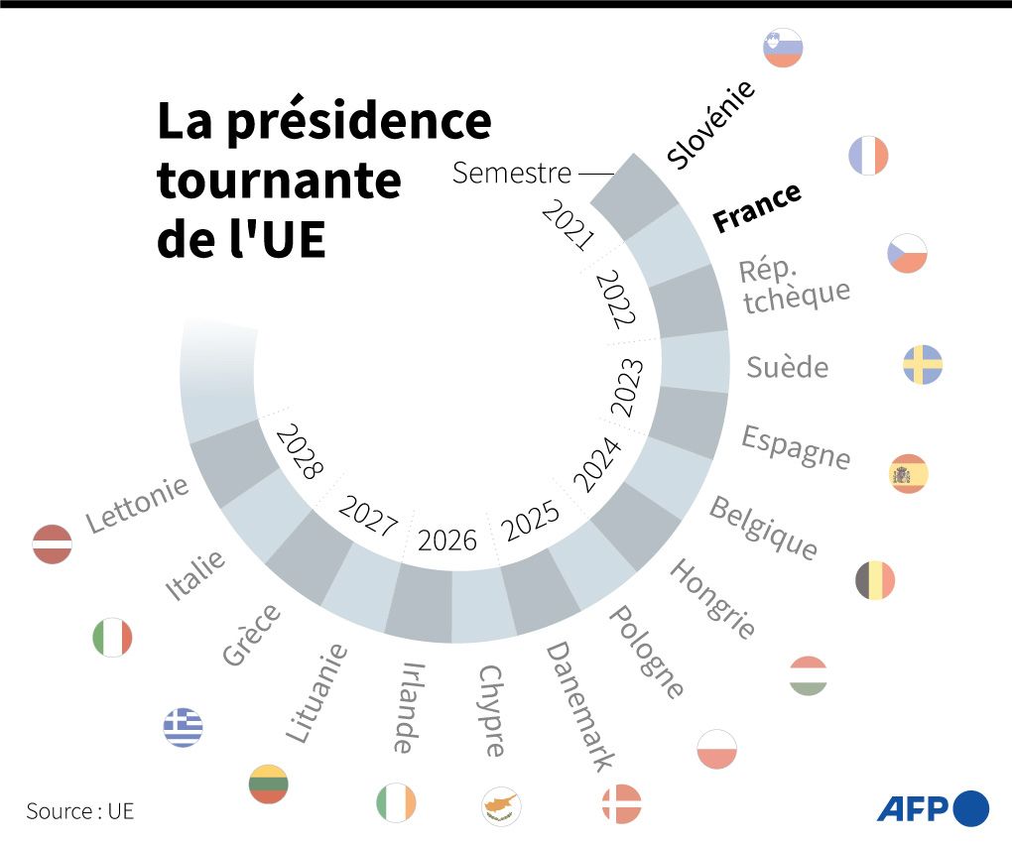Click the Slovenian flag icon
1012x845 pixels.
[x=783, y=48]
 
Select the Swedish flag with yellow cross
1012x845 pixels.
[x=922, y=365]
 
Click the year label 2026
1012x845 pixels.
[x=447, y=541]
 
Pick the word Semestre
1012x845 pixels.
[x=512, y=173]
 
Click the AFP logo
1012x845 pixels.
[x=933, y=807]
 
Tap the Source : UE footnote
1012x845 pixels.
[x=79, y=810]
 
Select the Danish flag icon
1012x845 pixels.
[x=622, y=803]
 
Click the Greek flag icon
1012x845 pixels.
[x=183, y=727]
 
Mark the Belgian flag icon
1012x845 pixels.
[x=875, y=579]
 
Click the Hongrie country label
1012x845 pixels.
[x=712, y=597]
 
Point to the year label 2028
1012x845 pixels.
[x=300, y=452]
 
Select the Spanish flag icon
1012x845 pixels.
[x=908, y=474]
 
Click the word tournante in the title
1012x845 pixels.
[x=279, y=181]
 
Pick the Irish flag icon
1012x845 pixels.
[x=396, y=802]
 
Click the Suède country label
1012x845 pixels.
[x=787, y=367]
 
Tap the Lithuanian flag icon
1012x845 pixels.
[x=269, y=784]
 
